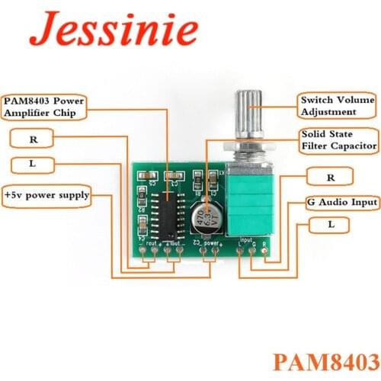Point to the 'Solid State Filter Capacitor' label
[337, 139]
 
